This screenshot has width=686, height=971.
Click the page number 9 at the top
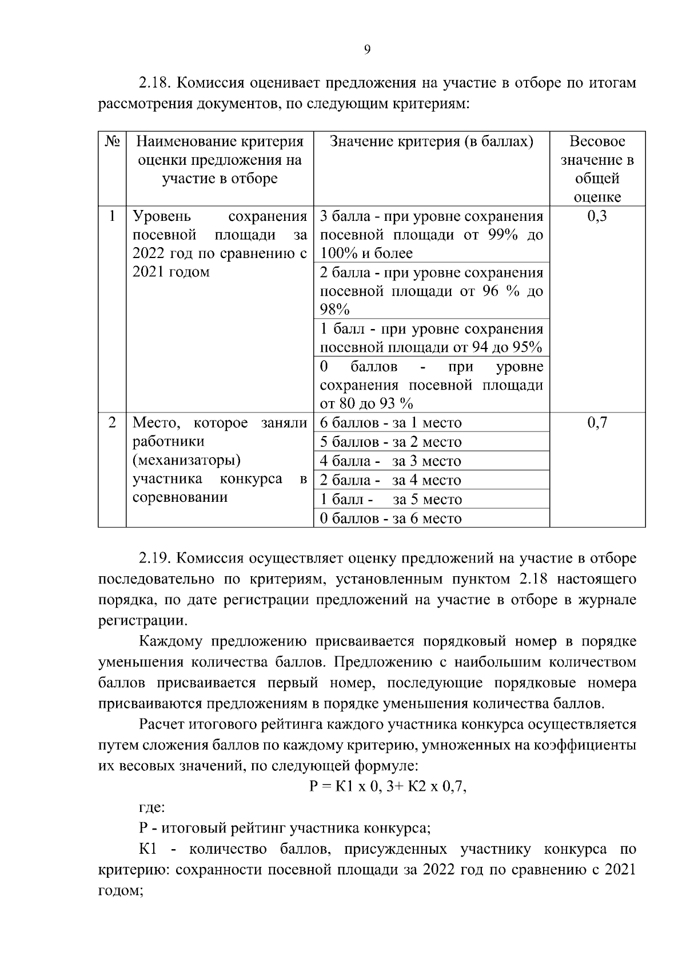tap(367, 50)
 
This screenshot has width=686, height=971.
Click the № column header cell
tap(112, 141)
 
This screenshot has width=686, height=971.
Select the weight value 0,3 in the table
tap(597, 216)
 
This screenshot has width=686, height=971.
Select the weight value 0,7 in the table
tap(597, 423)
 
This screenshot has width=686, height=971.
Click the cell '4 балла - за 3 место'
tap(390, 461)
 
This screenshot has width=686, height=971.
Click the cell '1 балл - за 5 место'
tap(390, 500)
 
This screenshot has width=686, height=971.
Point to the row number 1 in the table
tap(112, 216)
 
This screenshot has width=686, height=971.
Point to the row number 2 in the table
tap(112, 423)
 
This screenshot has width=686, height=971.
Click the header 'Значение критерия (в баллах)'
tap(432, 141)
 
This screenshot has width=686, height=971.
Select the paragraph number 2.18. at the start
tap(155, 84)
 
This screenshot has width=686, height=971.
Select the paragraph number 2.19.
tap(155, 558)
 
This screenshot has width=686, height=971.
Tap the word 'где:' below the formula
tap(152, 808)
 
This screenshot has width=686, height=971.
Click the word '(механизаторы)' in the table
tap(186, 461)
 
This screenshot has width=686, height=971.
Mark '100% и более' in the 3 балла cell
tap(366, 253)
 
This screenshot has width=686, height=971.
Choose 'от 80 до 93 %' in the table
tap(366, 403)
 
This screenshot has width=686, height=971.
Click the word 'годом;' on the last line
tap(120, 891)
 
